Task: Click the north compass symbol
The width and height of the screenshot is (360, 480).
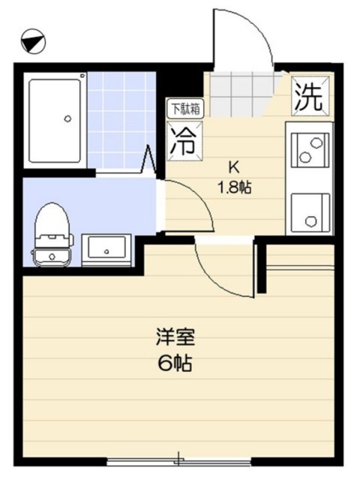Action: coord(31,40)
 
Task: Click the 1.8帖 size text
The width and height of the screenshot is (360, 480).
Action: coord(234,187)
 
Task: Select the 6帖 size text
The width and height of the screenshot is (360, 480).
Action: coord(174,364)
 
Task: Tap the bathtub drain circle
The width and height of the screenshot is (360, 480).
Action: coord(67,118)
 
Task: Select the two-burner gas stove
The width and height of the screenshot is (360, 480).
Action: coord(309,147)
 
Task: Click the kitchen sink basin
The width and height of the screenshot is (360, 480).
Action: coord(309,211)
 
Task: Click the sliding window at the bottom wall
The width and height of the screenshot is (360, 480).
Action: coord(179,459)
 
